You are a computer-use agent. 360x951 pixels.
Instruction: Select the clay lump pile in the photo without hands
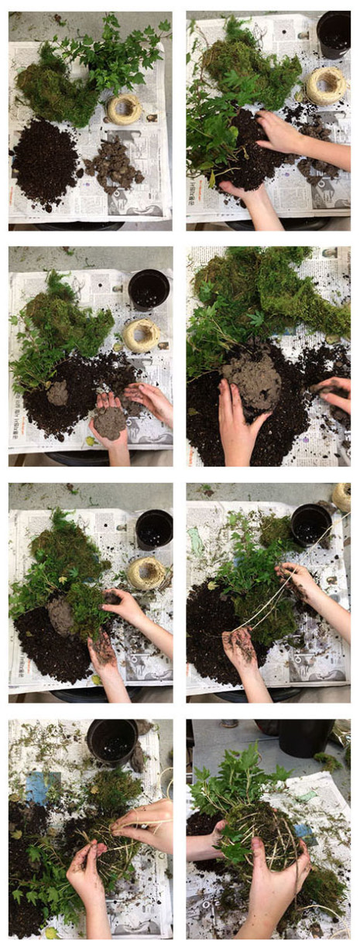point(113,162)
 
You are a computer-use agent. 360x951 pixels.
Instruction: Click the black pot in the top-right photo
point(334,34)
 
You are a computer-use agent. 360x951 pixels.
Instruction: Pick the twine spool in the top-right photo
point(326,86)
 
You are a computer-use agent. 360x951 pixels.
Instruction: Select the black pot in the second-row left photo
point(149,289)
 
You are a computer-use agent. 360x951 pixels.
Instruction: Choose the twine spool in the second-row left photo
point(141,335)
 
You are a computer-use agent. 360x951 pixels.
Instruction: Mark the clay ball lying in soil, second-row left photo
point(58,393)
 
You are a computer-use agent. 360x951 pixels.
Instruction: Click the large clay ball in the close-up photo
point(252,378)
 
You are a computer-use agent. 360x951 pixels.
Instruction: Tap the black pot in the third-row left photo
point(154,529)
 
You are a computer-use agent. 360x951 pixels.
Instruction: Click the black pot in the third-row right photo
point(311,525)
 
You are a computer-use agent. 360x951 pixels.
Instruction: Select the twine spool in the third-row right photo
point(341,496)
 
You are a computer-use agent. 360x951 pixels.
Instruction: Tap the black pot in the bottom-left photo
point(111,741)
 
